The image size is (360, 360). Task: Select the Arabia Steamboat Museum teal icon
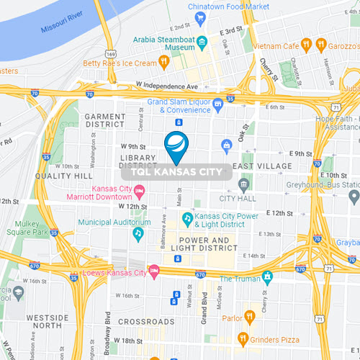[x=202, y=41]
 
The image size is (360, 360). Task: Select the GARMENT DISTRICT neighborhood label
[x=105, y=121]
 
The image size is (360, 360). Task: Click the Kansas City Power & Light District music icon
[x=186, y=217]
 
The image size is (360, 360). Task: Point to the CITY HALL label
[x=237, y=197]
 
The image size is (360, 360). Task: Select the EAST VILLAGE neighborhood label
[x=262, y=166]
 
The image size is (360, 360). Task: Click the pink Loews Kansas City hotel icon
[x=153, y=272]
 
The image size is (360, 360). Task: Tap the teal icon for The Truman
[x=267, y=276]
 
